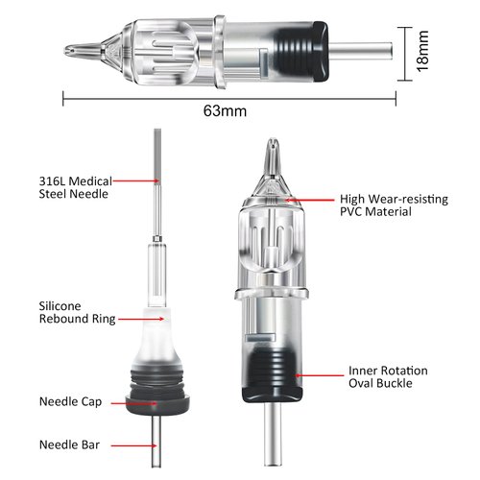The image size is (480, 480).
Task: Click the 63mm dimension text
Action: point(225,110)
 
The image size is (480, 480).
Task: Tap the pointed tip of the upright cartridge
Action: point(272,152)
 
